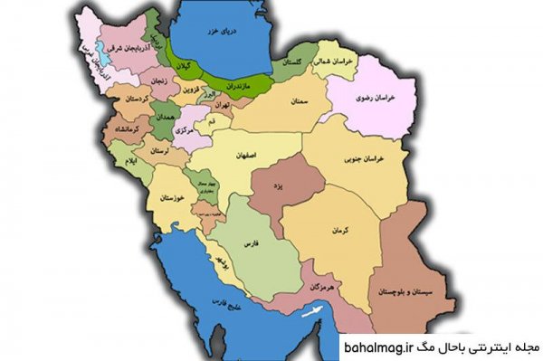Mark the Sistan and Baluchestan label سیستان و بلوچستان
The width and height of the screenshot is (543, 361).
pyautogui.click(x=426, y=293)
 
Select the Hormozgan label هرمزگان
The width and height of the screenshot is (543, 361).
pyautogui.click(x=325, y=286)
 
